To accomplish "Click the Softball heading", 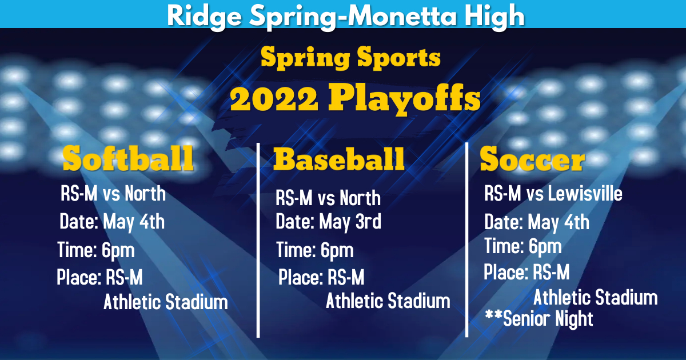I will pyautogui.click(x=128, y=158).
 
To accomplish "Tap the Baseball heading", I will pyautogui.click(x=339, y=158).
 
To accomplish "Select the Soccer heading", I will pyautogui.click(x=532, y=159).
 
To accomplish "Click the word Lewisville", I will pyautogui.click(x=585, y=194).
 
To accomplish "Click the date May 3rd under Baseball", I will pyautogui.click(x=350, y=221).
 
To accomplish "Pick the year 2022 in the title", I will pyautogui.click(x=274, y=100).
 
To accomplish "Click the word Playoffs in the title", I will pyautogui.click(x=404, y=100).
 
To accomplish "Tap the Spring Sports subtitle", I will pyautogui.click(x=350, y=58).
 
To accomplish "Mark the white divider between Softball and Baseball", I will pyautogui.click(x=258, y=240).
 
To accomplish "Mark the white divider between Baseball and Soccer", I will pyautogui.click(x=467, y=240).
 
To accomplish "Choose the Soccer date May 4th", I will pyautogui.click(x=559, y=222).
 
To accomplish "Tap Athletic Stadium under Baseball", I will pyautogui.click(x=388, y=301).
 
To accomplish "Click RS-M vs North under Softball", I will pyautogui.click(x=113, y=194).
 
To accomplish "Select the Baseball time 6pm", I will pyautogui.click(x=337, y=250).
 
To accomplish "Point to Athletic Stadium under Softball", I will pyautogui.click(x=166, y=302).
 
